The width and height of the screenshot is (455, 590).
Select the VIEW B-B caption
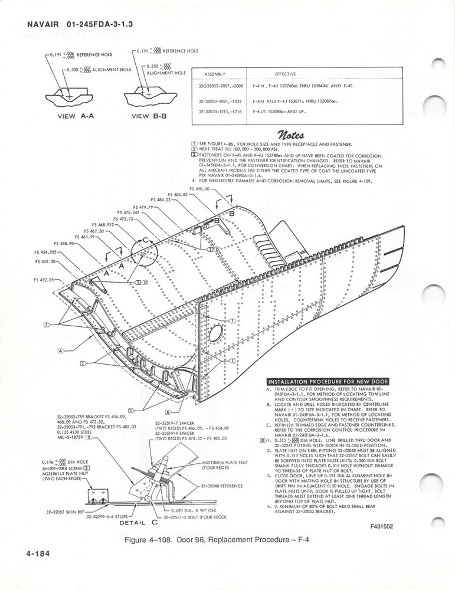click(x=152, y=116)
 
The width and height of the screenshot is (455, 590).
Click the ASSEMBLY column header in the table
click(x=217, y=74)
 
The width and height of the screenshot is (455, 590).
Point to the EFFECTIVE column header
click(x=285, y=74)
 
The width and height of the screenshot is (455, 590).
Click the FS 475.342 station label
click(x=127, y=212)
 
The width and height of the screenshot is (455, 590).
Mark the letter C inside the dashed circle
click(x=144, y=241)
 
